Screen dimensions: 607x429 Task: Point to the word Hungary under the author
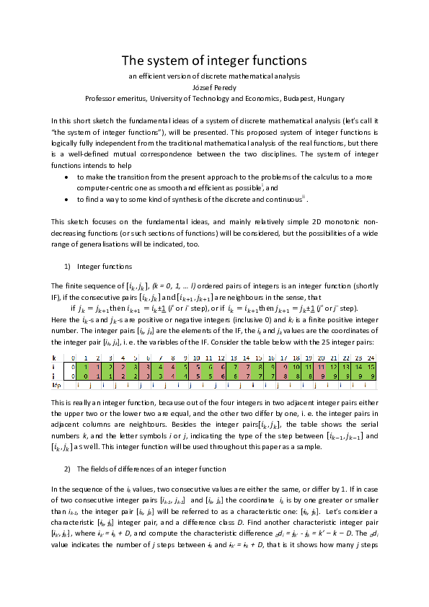click(x=328, y=98)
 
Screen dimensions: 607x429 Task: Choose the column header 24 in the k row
click(x=371, y=358)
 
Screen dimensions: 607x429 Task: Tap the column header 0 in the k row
click(x=74, y=358)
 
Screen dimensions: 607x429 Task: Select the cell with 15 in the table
click(x=371, y=367)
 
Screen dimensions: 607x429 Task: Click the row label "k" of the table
click(x=54, y=358)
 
